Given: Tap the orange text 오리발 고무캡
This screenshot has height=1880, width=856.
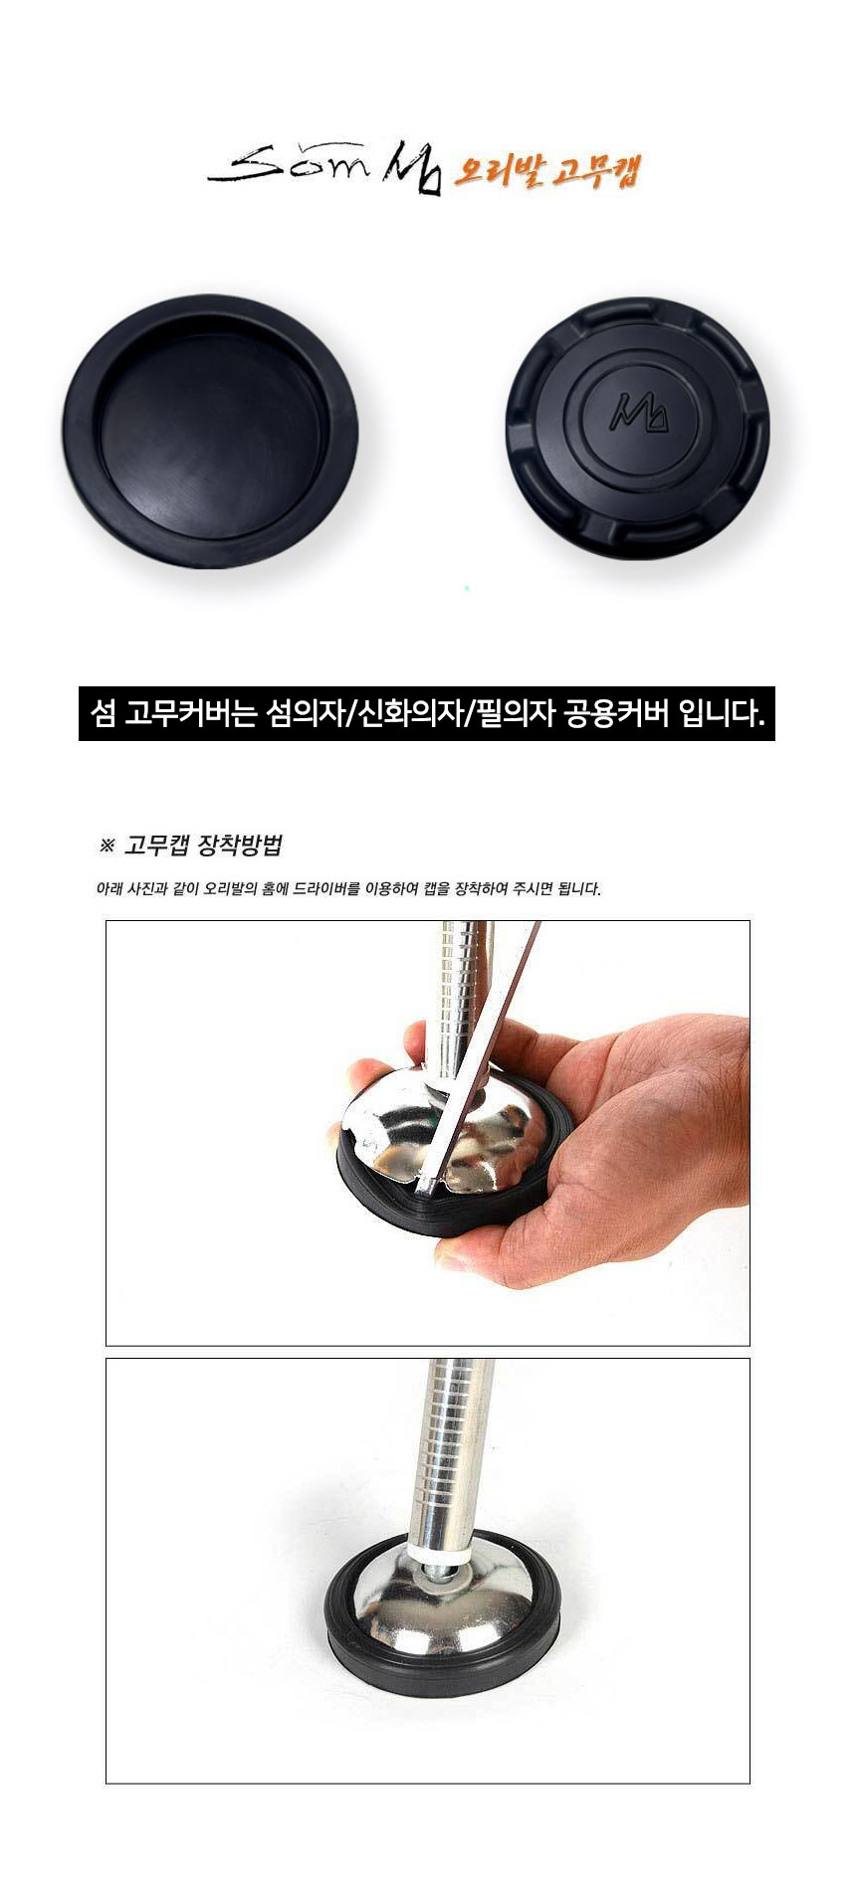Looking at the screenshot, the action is (545, 170).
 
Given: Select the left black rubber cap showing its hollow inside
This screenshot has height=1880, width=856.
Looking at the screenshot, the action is (211, 432).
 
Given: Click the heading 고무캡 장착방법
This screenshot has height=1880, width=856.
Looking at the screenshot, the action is (203, 846).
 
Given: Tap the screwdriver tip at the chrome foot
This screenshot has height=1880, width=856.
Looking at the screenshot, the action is (426, 1185).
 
